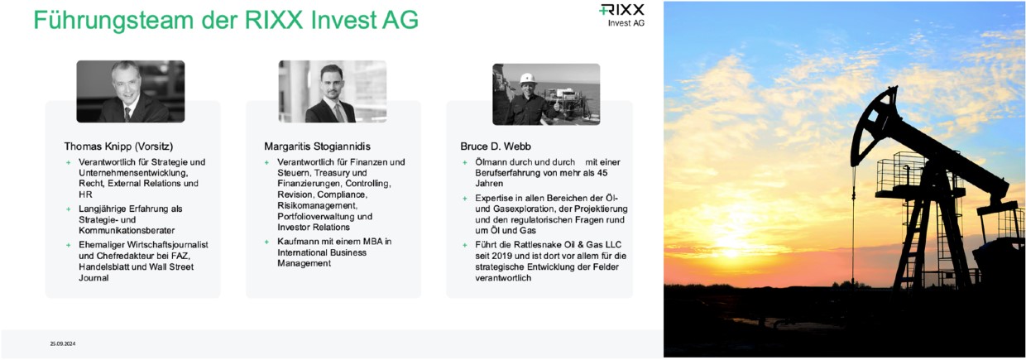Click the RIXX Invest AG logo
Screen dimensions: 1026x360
621,16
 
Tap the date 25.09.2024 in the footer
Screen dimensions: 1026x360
63,343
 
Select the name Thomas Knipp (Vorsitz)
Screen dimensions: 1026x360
118,146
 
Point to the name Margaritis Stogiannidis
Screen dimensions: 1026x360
317,146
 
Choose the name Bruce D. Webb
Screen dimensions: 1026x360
496,146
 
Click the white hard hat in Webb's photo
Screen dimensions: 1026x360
528,78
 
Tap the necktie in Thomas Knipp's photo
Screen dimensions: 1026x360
127,114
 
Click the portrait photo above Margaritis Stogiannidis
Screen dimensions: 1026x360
332,92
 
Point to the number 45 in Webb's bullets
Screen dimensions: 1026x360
602,173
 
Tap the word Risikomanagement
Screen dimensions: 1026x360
317,205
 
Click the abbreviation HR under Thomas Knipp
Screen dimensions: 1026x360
85,194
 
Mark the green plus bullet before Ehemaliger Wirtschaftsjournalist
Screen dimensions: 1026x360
68,245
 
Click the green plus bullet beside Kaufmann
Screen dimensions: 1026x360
266,242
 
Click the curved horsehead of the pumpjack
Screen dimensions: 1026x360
874,126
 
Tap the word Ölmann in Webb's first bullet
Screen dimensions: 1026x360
490,162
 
